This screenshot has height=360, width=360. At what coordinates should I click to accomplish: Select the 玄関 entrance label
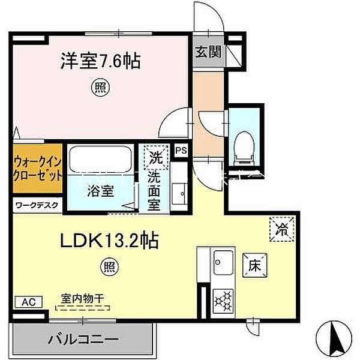click(x=208, y=52)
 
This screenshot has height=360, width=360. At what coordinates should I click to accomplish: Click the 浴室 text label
click(x=100, y=193)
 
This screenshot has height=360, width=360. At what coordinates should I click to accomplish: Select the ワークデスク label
click(x=37, y=205)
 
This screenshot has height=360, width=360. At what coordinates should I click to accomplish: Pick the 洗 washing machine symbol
click(x=156, y=159)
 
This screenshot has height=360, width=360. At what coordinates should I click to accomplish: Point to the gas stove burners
click(x=223, y=300)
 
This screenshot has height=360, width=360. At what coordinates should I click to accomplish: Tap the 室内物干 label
click(x=83, y=297)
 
